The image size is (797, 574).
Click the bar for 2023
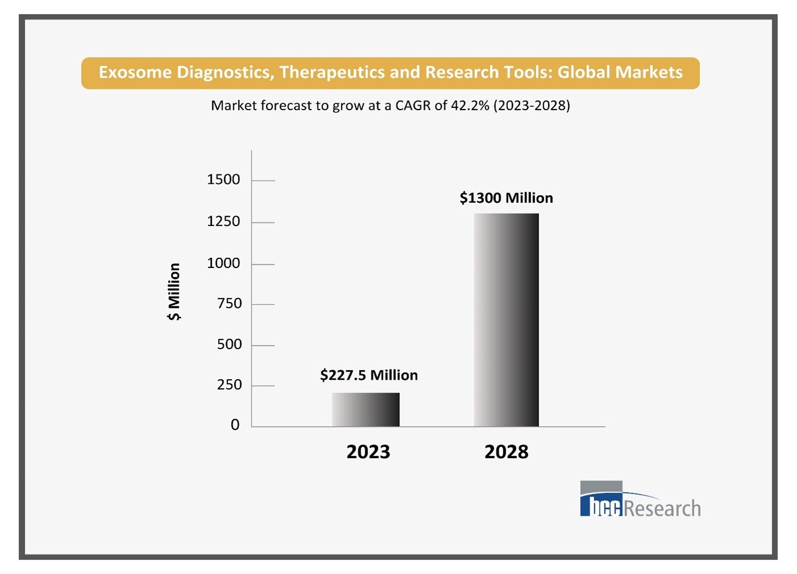pos(366,409)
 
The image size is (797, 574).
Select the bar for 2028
pos(506,320)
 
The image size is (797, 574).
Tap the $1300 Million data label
pos(506,198)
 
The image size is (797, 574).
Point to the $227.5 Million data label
pos(369,375)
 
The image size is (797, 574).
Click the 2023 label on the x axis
pos(368,452)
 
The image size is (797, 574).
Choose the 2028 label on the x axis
pos(506,452)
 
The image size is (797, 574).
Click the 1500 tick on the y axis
pos(223,179)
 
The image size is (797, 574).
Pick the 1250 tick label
pos(223,221)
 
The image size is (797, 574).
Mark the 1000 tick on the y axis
pos(223,263)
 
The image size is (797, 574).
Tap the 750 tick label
pos(229,303)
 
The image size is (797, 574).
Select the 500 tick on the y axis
pos(229,344)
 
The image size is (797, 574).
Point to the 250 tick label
pos(229,384)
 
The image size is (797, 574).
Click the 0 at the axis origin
pos(235,425)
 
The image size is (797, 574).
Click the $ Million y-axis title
pos(174,291)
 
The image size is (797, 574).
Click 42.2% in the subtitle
pos(470,105)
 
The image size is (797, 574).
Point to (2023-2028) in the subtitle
pos(532,105)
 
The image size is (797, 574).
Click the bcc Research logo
pos(640,500)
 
